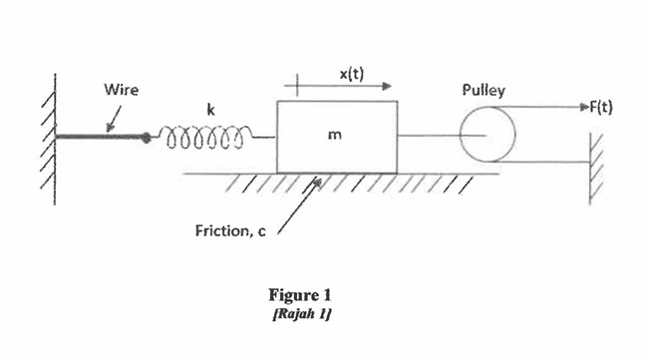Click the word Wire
tap(122, 90)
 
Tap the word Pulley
tap(484, 91)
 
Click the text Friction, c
tap(228, 232)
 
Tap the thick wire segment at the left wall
tap(100, 136)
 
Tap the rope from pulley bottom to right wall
tap(543, 162)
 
